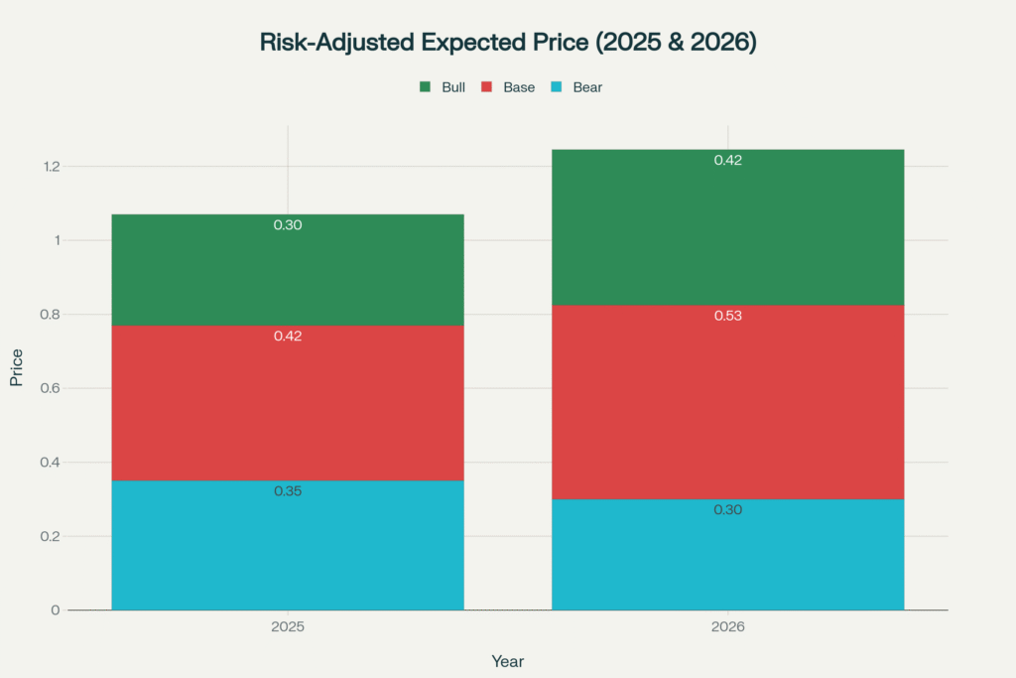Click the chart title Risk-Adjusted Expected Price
coord(507,43)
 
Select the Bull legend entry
coord(443,87)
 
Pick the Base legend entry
coord(507,87)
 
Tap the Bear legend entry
coord(575,87)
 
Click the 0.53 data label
coord(727,316)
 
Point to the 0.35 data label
coord(288,491)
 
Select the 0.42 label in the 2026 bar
coord(727,160)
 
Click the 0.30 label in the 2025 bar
coord(288,225)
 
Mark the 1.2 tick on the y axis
coord(50,166)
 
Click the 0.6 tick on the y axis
coord(50,388)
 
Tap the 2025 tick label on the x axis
coord(288,628)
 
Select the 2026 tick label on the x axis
coord(727,628)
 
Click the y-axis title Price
coord(16,367)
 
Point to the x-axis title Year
coord(507,661)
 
